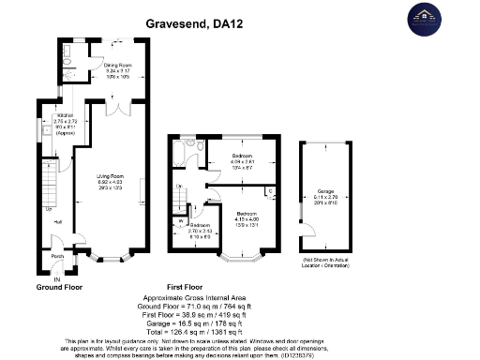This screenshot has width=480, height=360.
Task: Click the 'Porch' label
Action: (57, 256)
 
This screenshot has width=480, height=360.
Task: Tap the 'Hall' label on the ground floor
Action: (58, 221)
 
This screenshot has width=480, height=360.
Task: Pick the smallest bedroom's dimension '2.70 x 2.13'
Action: (201, 231)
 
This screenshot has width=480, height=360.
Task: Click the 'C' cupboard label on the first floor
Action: (271, 191)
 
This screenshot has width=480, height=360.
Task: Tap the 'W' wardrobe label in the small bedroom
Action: (179, 222)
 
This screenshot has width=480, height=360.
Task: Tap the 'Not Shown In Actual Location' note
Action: (327, 257)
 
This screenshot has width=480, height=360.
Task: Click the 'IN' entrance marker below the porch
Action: (56, 279)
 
